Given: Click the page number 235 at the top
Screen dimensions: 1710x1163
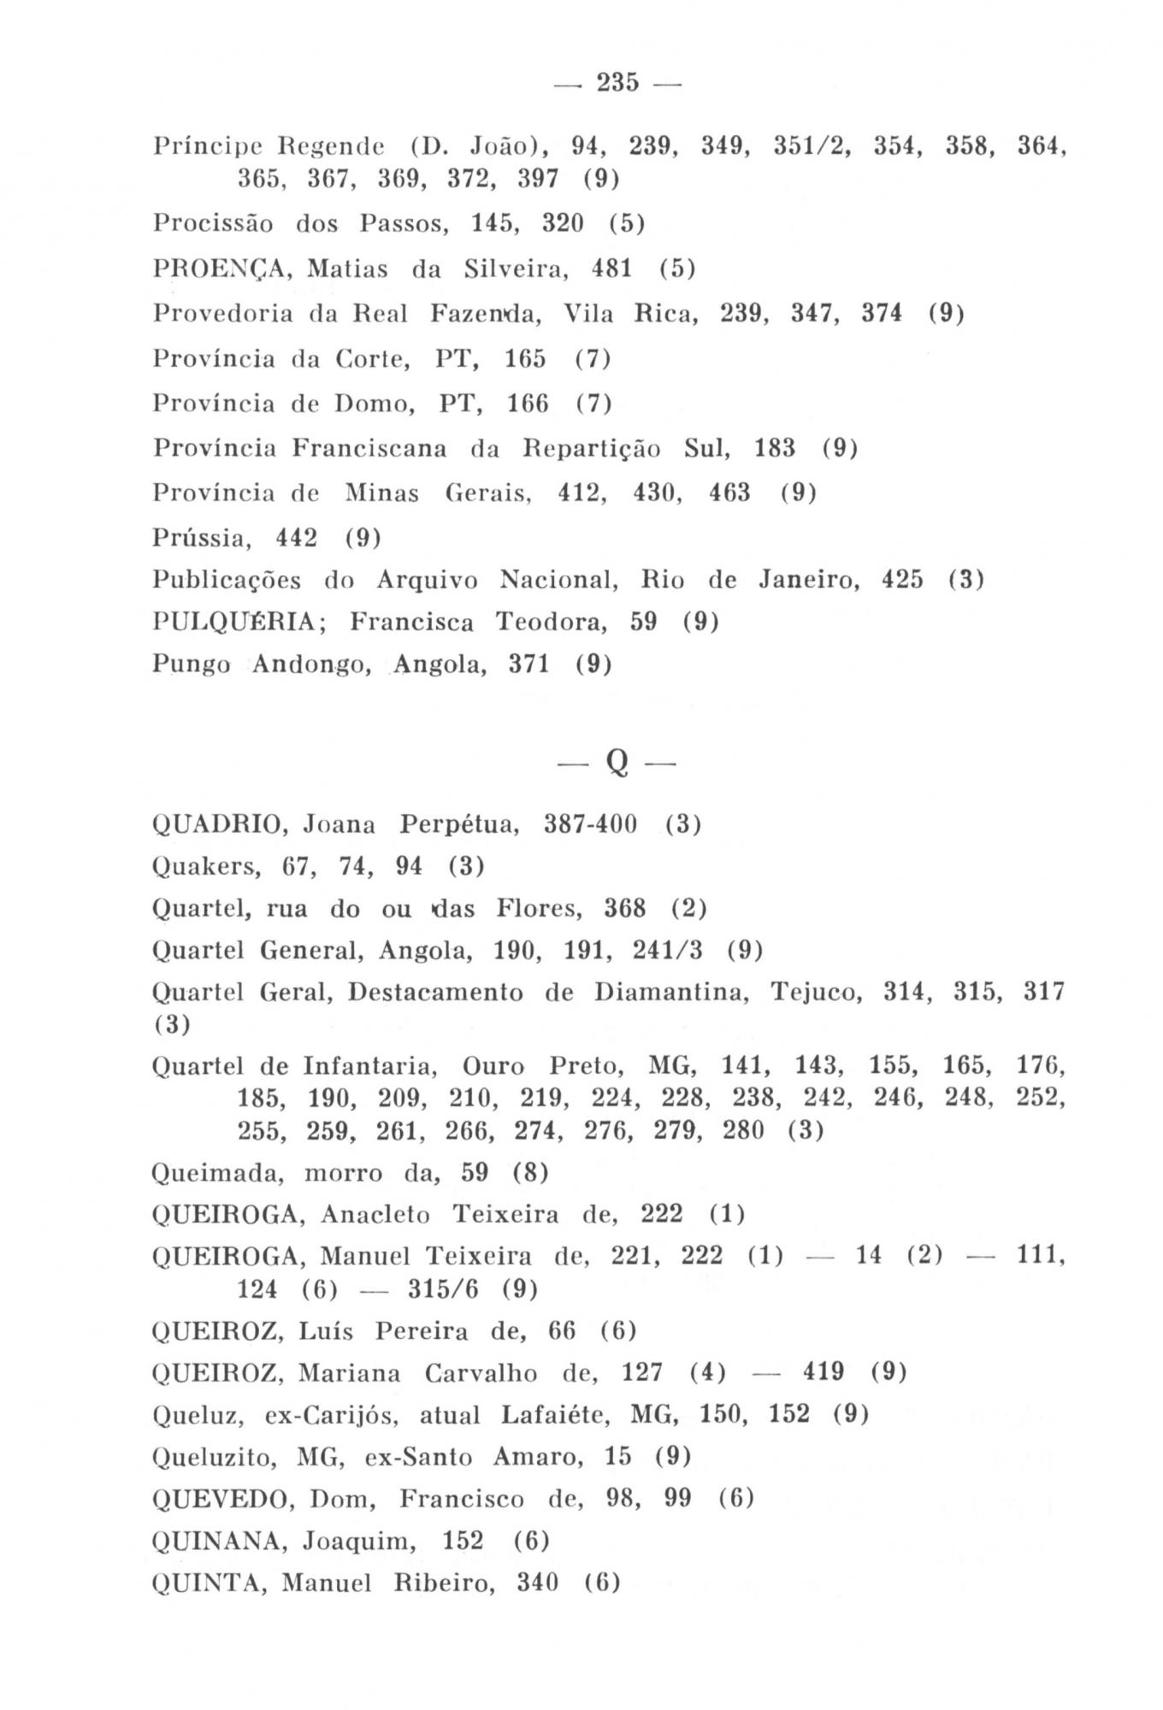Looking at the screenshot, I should coord(617,83).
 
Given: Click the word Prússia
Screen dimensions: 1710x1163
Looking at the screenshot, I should coord(202,538).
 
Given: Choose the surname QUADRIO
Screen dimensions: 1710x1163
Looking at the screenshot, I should coord(215,825).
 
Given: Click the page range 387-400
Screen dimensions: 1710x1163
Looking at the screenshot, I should coord(591,825).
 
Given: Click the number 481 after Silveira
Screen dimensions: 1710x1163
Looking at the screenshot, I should coord(612,269).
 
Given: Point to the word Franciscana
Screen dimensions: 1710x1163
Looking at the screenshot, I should coord(369,448).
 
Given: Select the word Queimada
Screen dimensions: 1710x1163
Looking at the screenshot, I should coord(215,1173).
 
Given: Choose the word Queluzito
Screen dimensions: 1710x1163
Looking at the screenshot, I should coord(214,1457).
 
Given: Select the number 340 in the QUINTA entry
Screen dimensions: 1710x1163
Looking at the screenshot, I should coord(538,1583).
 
